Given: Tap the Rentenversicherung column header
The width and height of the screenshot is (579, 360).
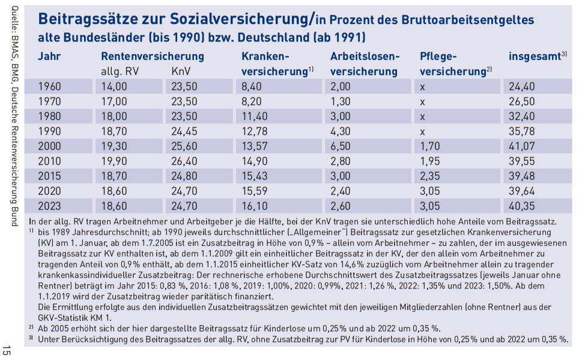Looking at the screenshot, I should click(153, 56).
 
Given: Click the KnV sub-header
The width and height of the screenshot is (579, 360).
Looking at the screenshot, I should click(181, 72).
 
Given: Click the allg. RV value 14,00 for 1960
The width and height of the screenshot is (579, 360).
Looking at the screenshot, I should click(114, 86).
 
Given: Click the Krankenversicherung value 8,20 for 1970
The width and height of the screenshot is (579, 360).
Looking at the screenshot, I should click(252, 101).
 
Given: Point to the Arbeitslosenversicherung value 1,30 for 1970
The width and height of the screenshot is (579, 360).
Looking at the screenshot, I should click(341, 101).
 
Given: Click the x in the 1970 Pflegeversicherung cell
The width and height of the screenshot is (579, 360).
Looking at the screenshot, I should click(423, 101).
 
